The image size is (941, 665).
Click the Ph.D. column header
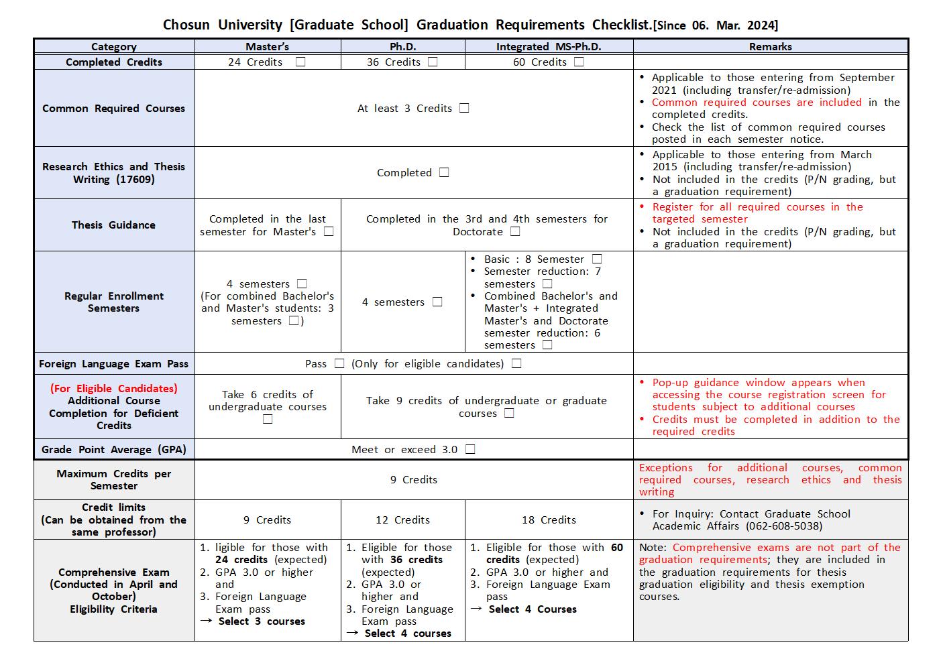[x=402, y=47]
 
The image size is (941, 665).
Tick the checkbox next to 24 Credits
[x=300, y=62]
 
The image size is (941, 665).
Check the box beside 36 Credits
[x=433, y=62]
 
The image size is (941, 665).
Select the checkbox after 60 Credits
[x=579, y=62]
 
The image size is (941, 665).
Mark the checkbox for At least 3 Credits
[x=464, y=108]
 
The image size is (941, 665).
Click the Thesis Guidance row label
[x=113, y=225]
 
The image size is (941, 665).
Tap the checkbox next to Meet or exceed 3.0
[x=470, y=449]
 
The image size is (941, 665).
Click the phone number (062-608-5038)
[x=774, y=526]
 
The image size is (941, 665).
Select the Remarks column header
[x=770, y=47]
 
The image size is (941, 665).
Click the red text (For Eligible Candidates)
[x=113, y=389]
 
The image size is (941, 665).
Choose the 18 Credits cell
[x=549, y=520]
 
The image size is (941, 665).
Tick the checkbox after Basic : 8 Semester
[x=597, y=259]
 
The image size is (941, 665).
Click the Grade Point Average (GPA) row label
[x=113, y=450]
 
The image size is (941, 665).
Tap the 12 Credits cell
[x=402, y=520]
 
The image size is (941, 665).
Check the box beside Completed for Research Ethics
[x=444, y=172]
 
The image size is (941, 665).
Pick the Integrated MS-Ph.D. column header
[x=549, y=47]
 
